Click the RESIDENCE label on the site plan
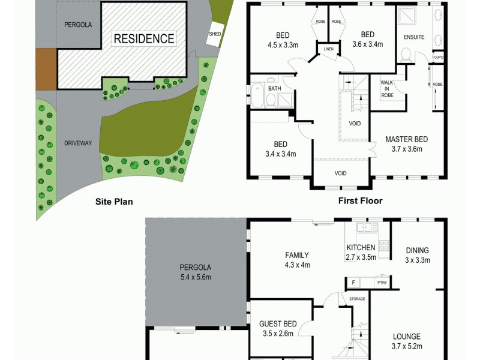click(144, 39)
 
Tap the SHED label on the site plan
click(215, 34)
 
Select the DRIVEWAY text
click(78, 143)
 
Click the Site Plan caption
click(114, 202)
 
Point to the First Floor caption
click(360, 201)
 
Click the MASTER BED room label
click(406, 139)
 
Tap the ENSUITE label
click(414, 37)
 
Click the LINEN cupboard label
click(328, 49)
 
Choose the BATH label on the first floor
click(274, 89)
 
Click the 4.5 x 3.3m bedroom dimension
click(282, 44)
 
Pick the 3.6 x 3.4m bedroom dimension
click(367, 44)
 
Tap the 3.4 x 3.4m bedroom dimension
click(280, 154)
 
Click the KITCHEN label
click(361, 248)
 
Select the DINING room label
click(417, 251)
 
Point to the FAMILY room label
click(296, 255)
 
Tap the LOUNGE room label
click(407, 337)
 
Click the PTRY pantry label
click(381, 282)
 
